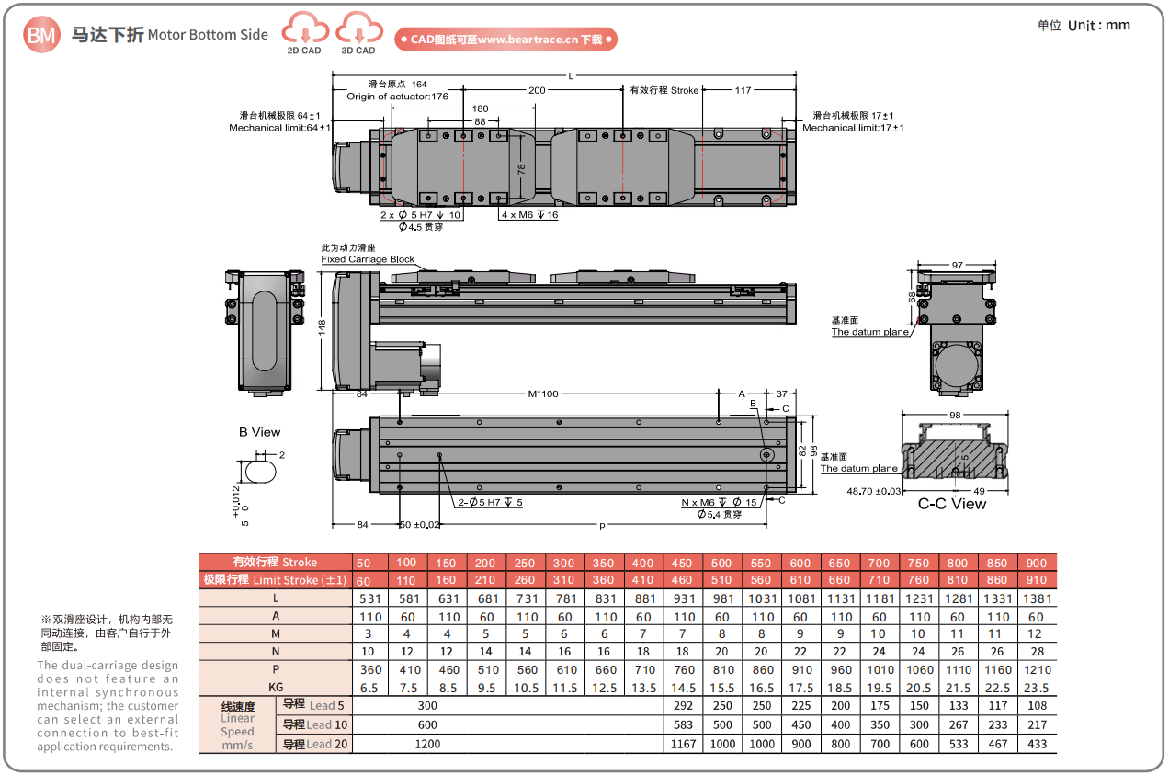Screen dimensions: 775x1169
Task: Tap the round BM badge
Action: click(x=41, y=35)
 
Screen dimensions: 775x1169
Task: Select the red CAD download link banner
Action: click(x=505, y=40)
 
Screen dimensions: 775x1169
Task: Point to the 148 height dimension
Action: click(x=323, y=328)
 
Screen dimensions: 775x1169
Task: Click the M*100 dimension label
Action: click(x=542, y=394)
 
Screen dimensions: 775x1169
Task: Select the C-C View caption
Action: click(x=952, y=504)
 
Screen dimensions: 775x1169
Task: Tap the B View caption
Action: click(x=259, y=432)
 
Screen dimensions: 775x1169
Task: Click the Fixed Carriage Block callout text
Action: click(x=368, y=259)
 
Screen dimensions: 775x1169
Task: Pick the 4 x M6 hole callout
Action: click(x=529, y=214)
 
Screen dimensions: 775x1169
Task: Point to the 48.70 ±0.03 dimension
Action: click(x=874, y=491)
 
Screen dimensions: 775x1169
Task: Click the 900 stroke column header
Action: click(x=1036, y=563)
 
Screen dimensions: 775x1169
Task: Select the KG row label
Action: click(x=275, y=688)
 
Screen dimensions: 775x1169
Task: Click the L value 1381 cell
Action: click(x=1036, y=598)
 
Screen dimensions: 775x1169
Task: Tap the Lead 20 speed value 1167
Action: click(x=684, y=744)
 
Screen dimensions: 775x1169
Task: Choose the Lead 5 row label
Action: click(x=313, y=706)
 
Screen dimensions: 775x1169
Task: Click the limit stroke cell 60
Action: click(x=365, y=580)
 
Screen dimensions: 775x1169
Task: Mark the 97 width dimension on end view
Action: click(x=957, y=265)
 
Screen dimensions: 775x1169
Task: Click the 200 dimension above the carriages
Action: click(x=537, y=90)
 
